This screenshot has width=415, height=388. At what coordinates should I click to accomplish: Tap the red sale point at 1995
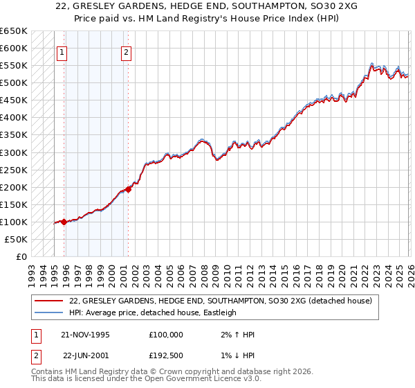pyautogui.click(x=64, y=222)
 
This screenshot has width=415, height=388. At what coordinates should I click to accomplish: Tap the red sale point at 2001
pyautogui.click(x=129, y=189)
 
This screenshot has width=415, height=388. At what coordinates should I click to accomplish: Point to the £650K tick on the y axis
pyautogui.click(x=14, y=31)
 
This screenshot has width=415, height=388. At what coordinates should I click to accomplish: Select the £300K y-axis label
pyautogui.click(x=14, y=152)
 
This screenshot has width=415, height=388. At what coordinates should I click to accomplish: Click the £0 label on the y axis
pyautogui.click(x=21, y=257)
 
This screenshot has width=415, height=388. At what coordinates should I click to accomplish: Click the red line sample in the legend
pyautogui.click(x=48, y=301)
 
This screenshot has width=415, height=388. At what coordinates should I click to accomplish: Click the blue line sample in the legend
pyautogui.click(x=48, y=312)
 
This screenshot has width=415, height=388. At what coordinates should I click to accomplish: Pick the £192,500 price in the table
pyautogui.click(x=165, y=355)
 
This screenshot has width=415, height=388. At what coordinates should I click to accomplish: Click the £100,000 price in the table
pyautogui.click(x=165, y=334)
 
